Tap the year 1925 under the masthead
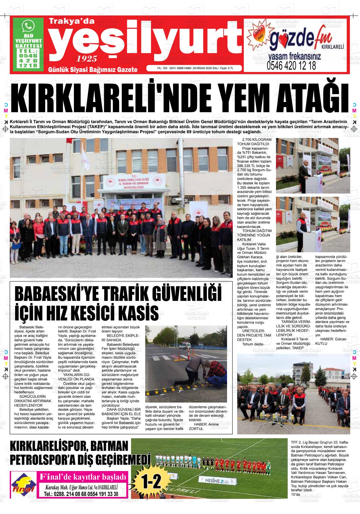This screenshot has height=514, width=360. pyautogui.click(x=87, y=58)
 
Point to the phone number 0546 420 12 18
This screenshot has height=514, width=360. pyautogui.click(x=291, y=66)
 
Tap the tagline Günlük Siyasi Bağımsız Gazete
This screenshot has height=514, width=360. pyautogui.click(x=93, y=69)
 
